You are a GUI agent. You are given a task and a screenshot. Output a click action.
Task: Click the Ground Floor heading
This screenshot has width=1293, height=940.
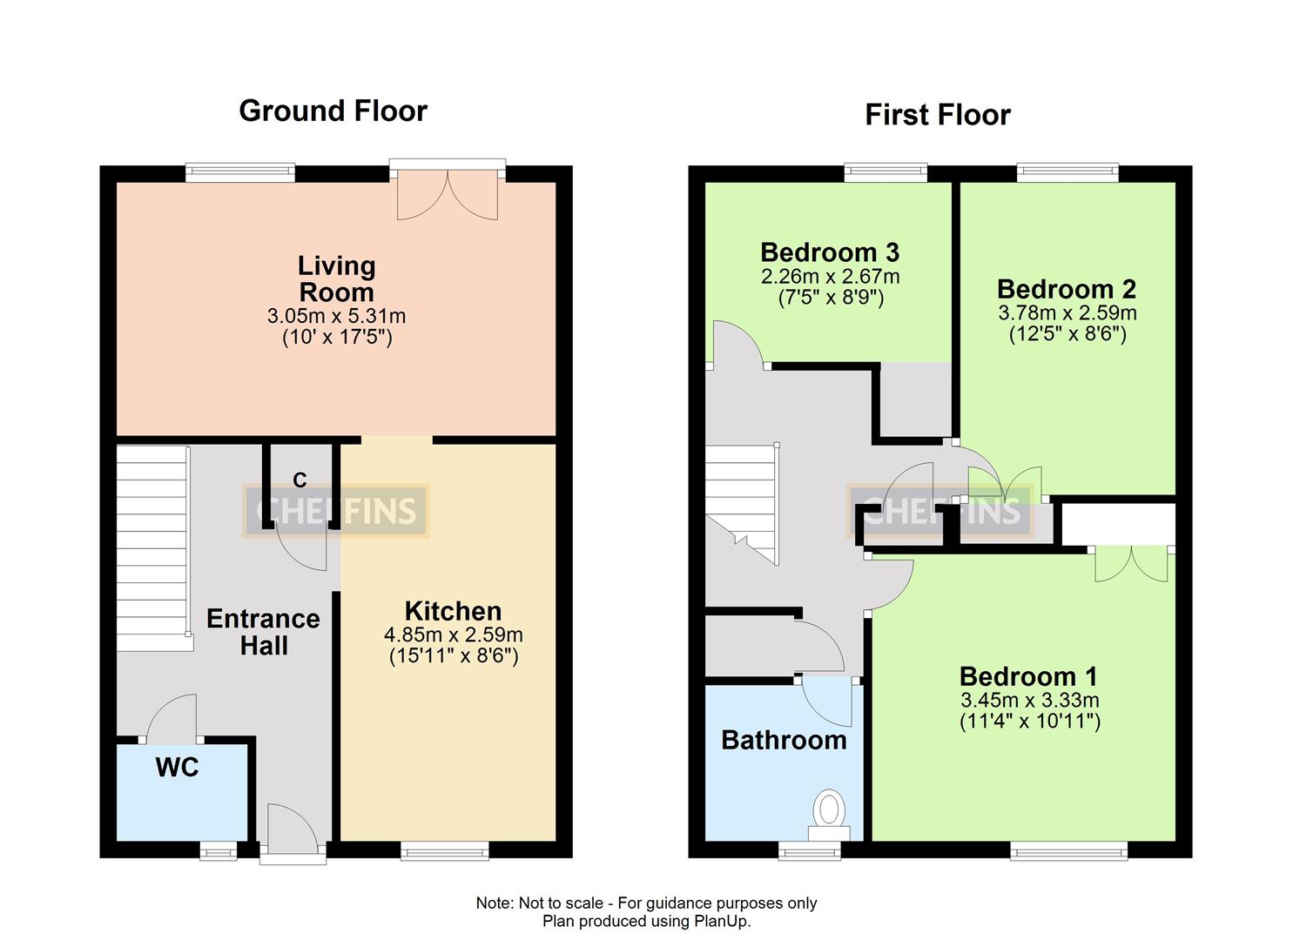[333, 111]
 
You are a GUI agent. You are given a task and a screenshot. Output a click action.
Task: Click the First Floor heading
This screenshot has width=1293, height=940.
[937, 115]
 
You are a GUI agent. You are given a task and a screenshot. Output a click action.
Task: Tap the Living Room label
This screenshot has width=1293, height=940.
[336, 279]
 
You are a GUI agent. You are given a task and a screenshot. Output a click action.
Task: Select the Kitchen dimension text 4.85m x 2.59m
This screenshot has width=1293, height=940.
[453, 634]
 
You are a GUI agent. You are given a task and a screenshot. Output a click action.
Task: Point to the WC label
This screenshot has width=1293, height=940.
[177, 767]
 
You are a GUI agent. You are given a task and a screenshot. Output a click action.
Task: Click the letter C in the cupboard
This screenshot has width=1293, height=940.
[300, 480]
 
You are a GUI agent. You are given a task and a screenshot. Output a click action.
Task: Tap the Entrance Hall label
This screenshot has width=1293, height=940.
[263, 632]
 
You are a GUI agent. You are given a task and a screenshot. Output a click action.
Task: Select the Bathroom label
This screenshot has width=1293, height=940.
[784, 740]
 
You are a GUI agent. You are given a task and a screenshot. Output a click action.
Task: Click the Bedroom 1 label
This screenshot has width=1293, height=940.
[1028, 676]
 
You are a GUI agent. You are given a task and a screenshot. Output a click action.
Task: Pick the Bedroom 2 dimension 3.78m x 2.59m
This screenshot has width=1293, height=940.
[1067, 312]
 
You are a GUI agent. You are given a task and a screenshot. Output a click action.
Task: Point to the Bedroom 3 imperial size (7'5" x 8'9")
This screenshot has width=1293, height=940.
[830, 298]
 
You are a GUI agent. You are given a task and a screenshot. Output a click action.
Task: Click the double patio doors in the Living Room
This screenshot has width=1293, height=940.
[448, 193]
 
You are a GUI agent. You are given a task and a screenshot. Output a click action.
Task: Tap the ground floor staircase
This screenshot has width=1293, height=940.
[153, 548]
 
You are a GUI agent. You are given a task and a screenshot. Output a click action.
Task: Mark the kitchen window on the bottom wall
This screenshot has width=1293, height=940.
[444, 850]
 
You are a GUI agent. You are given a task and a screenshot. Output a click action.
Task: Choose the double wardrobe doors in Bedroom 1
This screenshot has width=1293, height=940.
[1131, 564]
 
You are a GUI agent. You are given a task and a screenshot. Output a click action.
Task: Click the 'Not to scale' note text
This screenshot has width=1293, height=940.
[645, 903]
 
